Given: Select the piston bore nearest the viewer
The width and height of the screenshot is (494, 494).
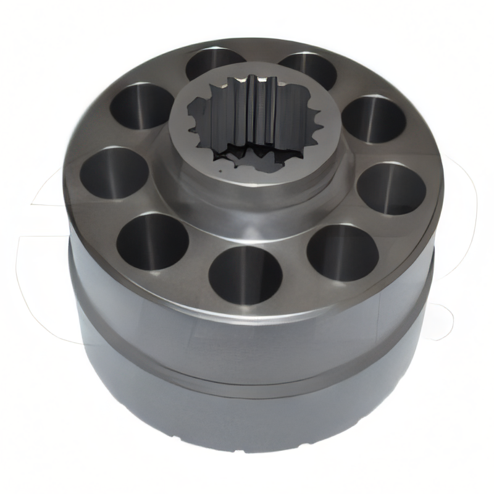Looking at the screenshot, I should pos(245,275).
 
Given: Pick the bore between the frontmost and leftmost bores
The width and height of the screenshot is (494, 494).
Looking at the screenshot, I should pos(152,241).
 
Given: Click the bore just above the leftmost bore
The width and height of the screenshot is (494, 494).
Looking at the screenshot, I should pos(141,106).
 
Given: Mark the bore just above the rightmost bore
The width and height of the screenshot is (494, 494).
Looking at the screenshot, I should pos(374,119).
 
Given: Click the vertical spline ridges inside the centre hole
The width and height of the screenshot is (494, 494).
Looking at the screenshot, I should pos(253,111).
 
